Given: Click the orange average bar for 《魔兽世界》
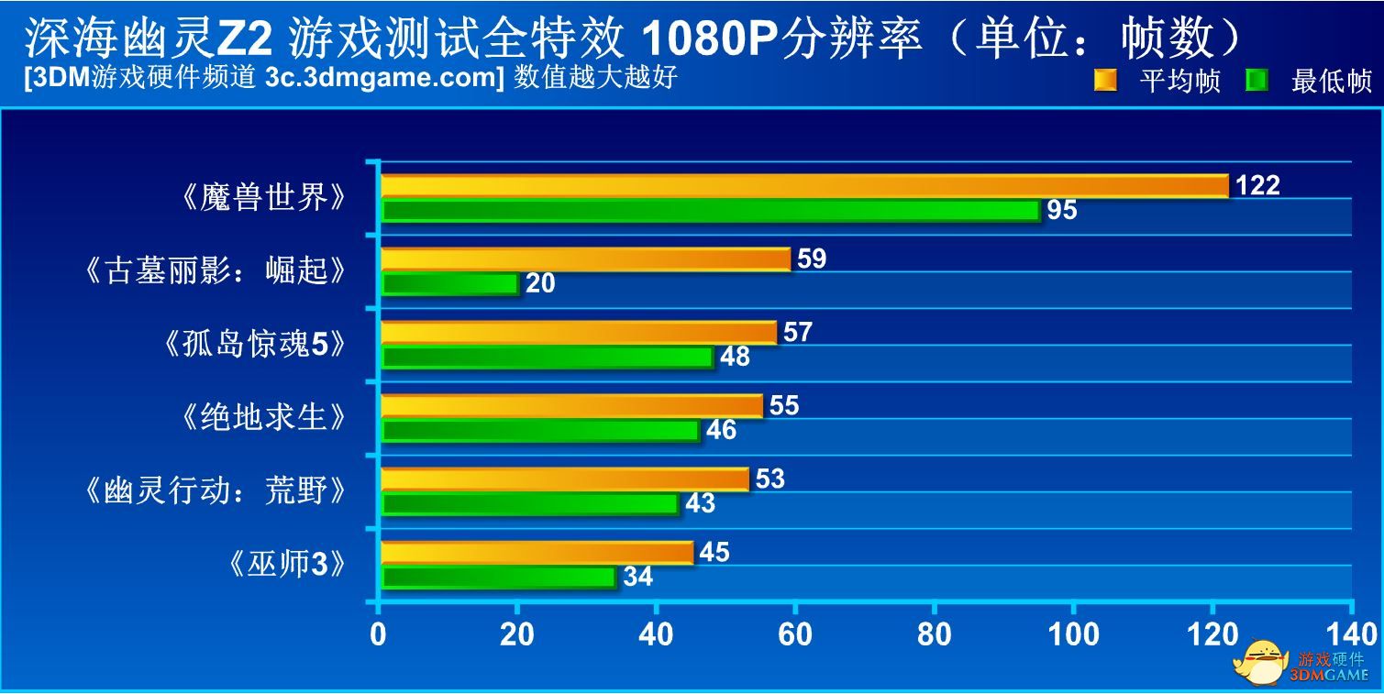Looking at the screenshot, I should tap(804, 185).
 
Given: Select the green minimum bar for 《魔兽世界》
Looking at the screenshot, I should tap(710, 211).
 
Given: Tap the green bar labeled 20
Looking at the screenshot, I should tap(449, 284).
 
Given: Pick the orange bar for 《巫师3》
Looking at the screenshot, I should tap(537, 552).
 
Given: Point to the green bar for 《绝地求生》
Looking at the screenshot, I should tap(540, 430).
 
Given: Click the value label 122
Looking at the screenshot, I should tap(1257, 185).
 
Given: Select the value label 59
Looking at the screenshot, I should tap(812, 259).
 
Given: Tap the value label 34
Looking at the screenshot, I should tap(637, 577).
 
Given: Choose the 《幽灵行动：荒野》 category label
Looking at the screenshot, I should tap(216, 491).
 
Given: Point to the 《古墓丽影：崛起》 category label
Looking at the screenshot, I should tap(216, 271).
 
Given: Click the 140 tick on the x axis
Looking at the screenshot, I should tap(1352, 634).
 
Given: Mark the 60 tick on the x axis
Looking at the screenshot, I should tap(794, 634).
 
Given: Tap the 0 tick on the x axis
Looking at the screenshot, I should tap(378, 634).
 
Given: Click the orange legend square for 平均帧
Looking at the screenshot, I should tap(1105, 81).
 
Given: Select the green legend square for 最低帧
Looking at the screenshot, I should tap(1257, 81).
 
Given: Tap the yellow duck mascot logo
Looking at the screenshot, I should tap(1259, 661).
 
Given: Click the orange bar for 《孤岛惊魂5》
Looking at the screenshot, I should tap(578, 332).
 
